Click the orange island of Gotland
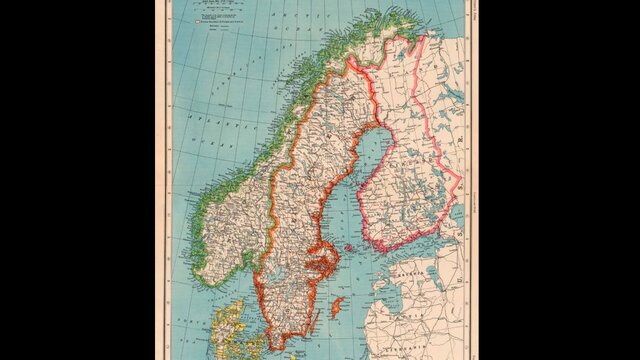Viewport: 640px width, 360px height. (x=338, y=306)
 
